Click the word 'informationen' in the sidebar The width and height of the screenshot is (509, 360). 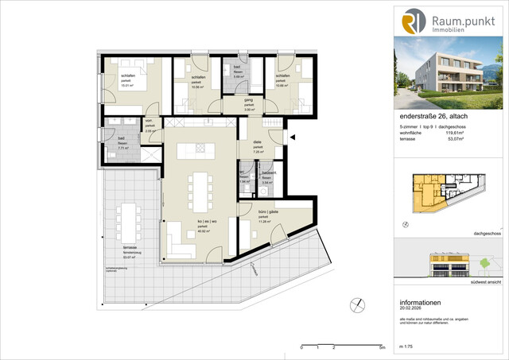point(421,304)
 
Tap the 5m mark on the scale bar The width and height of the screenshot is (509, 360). point(382,348)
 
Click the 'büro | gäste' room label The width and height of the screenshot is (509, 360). point(268,213)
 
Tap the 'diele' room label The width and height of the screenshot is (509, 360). point(258,144)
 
